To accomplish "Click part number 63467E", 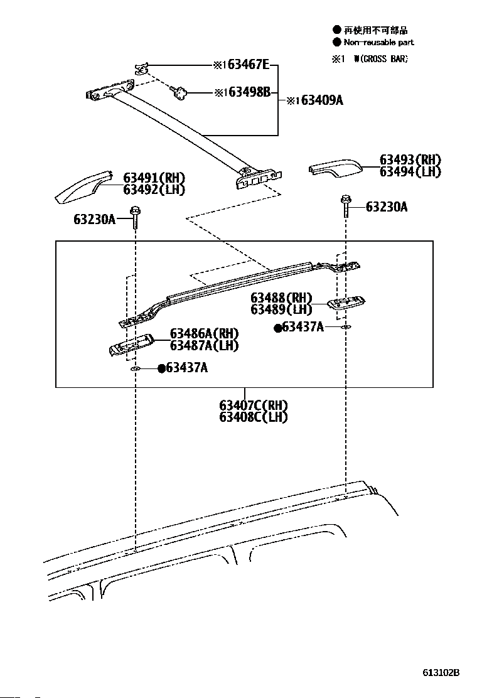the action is pos(249,65).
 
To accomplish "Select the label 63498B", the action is pos(250,93).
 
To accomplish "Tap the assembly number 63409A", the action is pos(322,100).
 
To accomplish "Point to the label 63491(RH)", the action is pos(154,178).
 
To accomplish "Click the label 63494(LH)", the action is pos(410,171).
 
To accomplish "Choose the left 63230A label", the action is pos(94,219).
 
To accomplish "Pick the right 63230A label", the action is pos(386,207).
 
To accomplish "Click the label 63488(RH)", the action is pos(281,298).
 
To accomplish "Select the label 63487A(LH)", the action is pos(204,345).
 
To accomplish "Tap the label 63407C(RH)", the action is pos(254,405).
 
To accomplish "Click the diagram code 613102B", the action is pos(441,672).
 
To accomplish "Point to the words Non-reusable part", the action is pos(378,42).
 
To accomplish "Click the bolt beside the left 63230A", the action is pos(134,217).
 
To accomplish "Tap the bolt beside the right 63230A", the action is pos(346,205).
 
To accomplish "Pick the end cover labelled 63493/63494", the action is pos(336,168).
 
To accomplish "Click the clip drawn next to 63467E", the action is pos(141,68).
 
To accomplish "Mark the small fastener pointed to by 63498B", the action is pos(179,92).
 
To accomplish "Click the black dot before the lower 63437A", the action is pos(162,368).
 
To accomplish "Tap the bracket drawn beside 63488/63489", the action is pos(346,303).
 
